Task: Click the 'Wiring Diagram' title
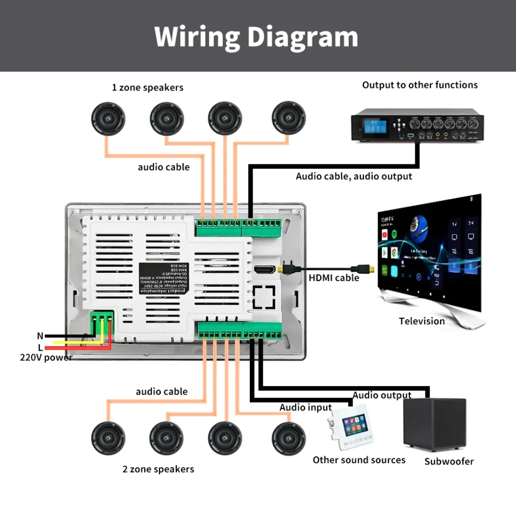257,37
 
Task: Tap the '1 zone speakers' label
148,87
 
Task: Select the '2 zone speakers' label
158,469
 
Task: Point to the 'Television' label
422,321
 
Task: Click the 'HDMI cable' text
333,278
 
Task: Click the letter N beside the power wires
40,336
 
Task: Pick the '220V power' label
46,357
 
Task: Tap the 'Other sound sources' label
359,460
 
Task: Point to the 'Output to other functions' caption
419,85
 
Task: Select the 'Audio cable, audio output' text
354,176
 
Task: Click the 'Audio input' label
305,408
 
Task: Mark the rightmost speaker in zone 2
289,439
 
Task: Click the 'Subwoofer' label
449,462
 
